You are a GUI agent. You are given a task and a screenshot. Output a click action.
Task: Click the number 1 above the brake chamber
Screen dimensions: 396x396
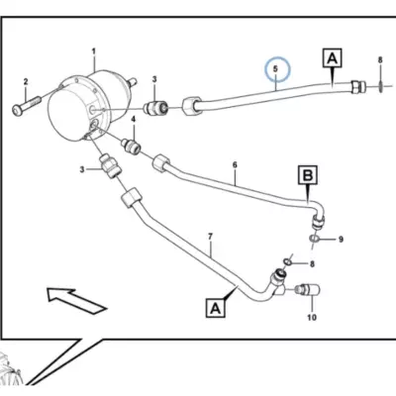coord(94,51)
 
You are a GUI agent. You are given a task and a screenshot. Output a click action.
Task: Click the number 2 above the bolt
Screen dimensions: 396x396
coord(26,81)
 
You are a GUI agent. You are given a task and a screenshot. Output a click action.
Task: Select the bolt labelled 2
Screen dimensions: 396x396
coord(27,105)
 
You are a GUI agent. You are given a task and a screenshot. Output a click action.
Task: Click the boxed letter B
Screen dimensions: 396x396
coord(308,175)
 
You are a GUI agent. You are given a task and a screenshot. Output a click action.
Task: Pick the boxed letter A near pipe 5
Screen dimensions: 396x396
coord(333,58)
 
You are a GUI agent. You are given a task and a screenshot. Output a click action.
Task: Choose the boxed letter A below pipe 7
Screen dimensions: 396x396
coord(216,308)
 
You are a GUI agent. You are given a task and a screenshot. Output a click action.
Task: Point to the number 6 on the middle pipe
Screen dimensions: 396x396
coord(235,164)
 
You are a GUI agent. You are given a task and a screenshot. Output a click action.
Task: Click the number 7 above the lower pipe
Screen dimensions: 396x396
coord(210,237)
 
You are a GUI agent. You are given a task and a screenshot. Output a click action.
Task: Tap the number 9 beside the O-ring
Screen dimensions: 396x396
coord(342,239)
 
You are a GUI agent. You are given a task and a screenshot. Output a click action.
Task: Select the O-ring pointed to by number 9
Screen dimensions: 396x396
coord(314,239)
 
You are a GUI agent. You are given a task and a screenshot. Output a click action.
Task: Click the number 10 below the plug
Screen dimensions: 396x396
coord(312,317)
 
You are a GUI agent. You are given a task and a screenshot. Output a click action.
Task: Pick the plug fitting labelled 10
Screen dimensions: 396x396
coord(308,290)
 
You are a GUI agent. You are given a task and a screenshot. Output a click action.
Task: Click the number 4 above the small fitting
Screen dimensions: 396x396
coord(134,119)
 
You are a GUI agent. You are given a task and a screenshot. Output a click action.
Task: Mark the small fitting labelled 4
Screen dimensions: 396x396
coord(132,147)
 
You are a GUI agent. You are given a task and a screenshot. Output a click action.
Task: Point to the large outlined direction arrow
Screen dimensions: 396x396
coord(77,299)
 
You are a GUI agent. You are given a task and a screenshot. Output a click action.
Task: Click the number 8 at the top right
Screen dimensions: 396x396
coord(380,60)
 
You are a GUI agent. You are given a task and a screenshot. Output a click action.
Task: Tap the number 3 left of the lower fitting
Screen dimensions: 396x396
coord(82,169)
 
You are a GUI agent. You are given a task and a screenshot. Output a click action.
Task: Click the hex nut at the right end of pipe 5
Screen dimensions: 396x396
coord(358,86)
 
